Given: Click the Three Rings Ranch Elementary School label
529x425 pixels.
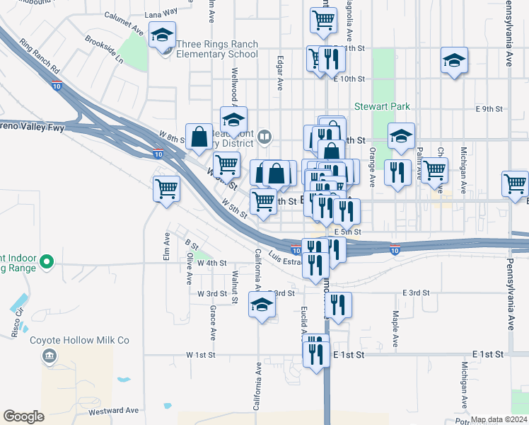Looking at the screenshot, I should click(217, 49).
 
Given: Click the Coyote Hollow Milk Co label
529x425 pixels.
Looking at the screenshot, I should click(79, 340).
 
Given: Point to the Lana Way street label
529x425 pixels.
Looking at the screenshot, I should click(161, 13).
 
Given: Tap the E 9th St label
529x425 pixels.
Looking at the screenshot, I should click(488, 109).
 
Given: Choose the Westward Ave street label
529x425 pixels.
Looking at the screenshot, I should click(114, 411).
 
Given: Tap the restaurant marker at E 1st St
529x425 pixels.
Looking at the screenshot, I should click(316, 351).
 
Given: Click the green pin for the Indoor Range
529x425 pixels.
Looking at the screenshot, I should click(47, 262).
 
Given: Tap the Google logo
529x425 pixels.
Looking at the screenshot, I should click(23, 416).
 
